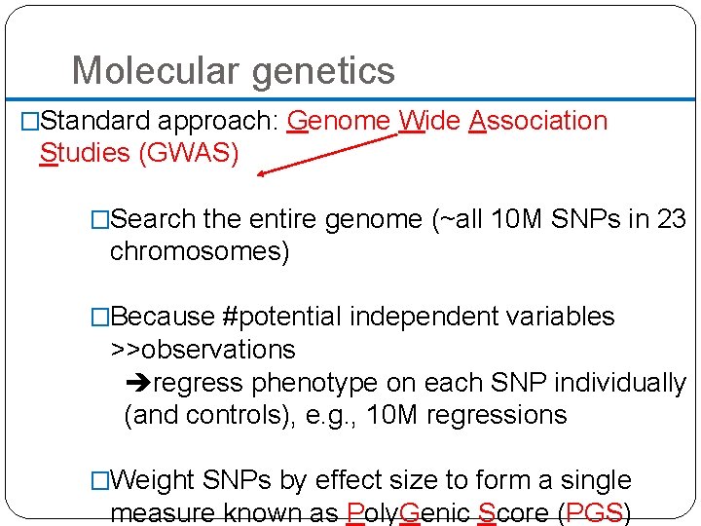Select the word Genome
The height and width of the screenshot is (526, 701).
click(x=340, y=121)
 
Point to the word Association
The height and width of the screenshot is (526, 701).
click(x=537, y=121)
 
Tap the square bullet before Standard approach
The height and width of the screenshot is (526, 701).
click(x=29, y=122)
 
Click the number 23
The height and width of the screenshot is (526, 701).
click(x=672, y=219)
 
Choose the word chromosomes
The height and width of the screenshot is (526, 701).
click(x=199, y=251)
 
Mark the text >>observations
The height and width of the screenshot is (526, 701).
click(x=203, y=350)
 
